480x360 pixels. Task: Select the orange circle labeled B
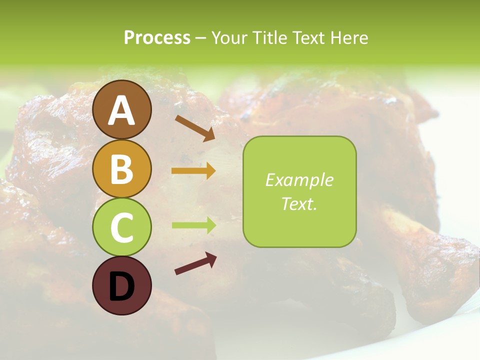pos(122,168)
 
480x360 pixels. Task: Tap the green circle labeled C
pos(122,227)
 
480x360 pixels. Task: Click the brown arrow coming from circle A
pos(195,127)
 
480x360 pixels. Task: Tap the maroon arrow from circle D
pos(195,263)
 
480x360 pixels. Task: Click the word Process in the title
pos(157,37)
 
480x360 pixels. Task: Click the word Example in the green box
pos(299,180)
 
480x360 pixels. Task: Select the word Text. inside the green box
pos(299,203)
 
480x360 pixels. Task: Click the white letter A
pos(122,110)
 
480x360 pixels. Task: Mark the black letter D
pos(122,287)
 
